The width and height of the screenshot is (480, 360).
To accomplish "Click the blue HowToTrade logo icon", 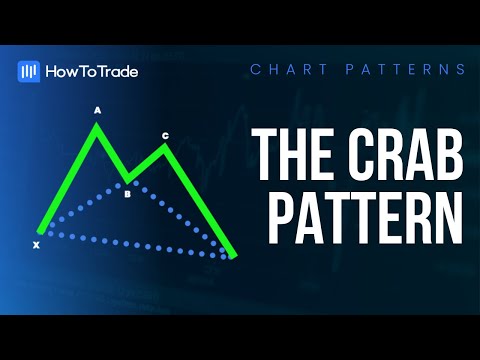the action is [x=29, y=71].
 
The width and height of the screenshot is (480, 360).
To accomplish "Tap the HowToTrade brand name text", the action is [x=92, y=72].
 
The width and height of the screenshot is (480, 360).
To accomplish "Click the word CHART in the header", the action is [x=289, y=70].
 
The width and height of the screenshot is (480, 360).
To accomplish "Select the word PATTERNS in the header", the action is [x=405, y=70].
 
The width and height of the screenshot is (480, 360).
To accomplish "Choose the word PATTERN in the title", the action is [x=365, y=218].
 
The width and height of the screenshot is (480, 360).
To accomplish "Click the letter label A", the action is [x=97, y=110].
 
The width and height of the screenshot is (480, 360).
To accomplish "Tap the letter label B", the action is [x=127, y=194].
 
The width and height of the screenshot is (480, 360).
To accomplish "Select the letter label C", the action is [x=165, y=136].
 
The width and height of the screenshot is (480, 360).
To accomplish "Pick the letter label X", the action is [x=36, y=245].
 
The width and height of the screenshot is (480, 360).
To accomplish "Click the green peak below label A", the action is [x=97, y=125].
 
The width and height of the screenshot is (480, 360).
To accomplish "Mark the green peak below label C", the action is [x=165, y=147].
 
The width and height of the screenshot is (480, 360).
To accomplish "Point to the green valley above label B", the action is [x=127, y=181].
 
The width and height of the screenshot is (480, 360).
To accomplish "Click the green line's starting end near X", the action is [x=40, y=231].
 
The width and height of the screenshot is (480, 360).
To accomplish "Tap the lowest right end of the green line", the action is [x=233, y=256].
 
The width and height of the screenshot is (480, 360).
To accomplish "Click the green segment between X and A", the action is [x=69, y=178].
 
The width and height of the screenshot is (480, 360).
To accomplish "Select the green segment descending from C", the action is [x=199, y=201].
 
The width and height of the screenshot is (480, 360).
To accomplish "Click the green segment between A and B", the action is [x=112, y=153].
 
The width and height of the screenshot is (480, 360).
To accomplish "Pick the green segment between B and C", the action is [x=146, y=164].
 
